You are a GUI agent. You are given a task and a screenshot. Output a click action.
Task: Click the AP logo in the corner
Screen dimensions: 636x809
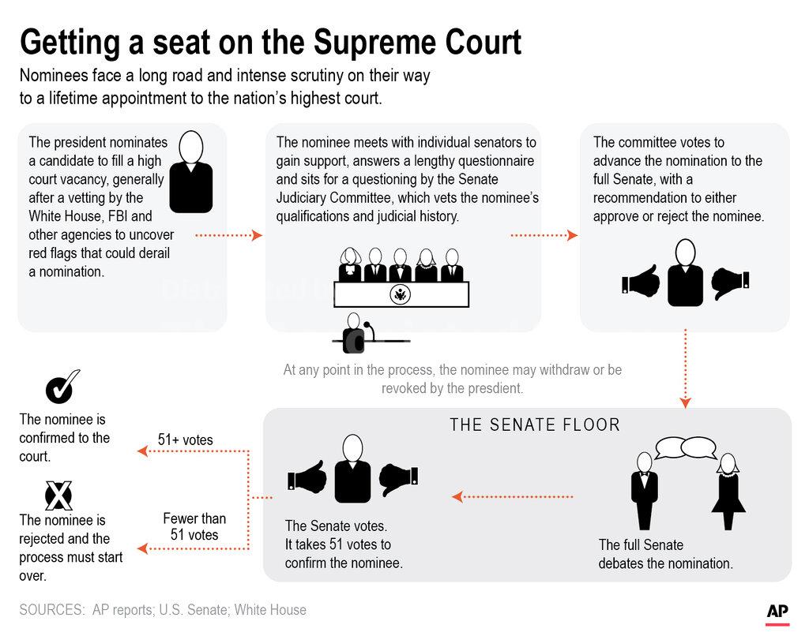click(x=779, y=612)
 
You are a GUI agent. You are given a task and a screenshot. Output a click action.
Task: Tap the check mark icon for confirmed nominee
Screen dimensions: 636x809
click(x=60, y=387)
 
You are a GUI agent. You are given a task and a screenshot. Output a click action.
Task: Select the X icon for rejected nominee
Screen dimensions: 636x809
click(x=58, y=496)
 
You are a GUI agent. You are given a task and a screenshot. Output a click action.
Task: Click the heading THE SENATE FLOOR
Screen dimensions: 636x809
click(x=535, y=425)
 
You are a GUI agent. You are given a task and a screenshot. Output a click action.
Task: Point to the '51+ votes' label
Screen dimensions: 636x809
click(x=185, y=440)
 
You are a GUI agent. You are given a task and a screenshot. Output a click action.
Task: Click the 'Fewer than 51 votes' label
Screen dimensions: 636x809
click(x=194, y=526)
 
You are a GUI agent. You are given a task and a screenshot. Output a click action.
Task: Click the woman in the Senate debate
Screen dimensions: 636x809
click(x=728, y=491)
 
